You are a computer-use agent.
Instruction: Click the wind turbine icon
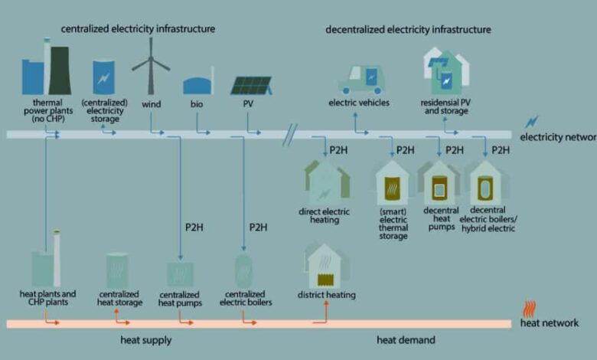[151, 67]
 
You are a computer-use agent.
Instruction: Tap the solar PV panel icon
[251, 85]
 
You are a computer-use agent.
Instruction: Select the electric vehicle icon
[361, 80]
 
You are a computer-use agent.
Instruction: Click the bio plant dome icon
[198, 84]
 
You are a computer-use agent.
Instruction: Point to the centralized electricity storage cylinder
[103, 77]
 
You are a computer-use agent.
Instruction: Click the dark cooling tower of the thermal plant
[60, 70]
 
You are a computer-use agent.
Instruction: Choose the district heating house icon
[327, 266]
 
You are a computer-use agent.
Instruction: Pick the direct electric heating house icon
[327, 182]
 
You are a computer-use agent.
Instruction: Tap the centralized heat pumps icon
[180, 274]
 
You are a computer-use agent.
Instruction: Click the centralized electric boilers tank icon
[243, 271]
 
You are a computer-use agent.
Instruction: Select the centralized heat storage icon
[117, 270]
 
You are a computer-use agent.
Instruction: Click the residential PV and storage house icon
[446, 71]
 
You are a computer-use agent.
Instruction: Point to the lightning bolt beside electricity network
[532, 122]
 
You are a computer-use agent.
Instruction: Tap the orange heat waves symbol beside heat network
[530, 309]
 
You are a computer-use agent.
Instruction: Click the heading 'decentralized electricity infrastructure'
[408, 29]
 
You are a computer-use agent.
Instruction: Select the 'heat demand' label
[406, 340]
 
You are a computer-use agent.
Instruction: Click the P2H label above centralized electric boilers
[258, 227]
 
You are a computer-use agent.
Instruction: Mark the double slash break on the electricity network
[290, 135]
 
